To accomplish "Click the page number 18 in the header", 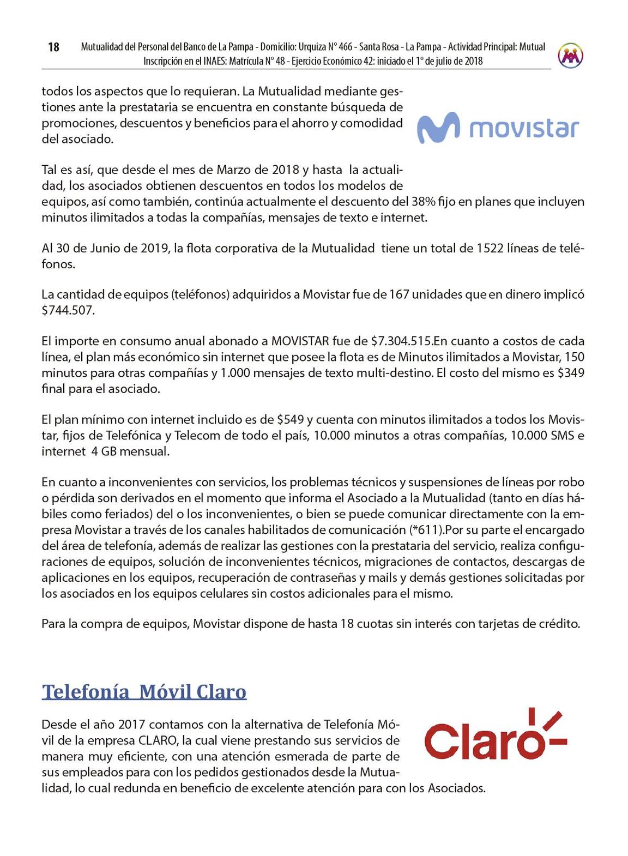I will [x=53, y=47].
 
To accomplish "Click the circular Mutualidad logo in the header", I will [x=570, y=55].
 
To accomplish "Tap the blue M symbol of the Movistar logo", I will [x=438, y=128].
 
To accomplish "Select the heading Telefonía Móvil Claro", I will [x=144, y=692].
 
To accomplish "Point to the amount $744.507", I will [x=68, y=311].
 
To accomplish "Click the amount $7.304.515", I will [x=401, y=341].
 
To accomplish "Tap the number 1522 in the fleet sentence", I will [x=490, y=249].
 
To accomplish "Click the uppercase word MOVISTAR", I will [x=300, y=341].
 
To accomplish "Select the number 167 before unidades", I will [x=398, y=295].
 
